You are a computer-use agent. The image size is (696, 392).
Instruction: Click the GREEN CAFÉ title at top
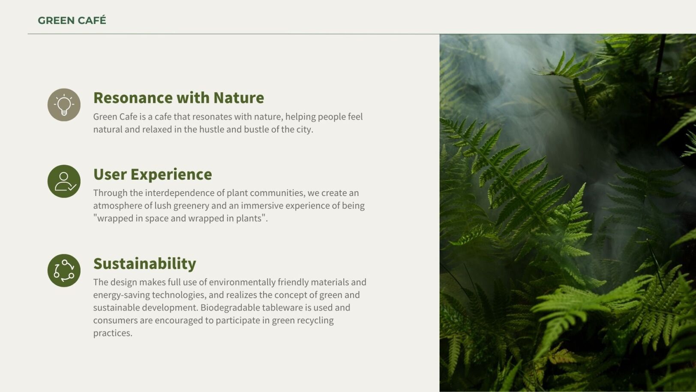coord(72,20)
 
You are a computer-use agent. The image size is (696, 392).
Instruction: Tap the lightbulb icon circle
coord(64,105)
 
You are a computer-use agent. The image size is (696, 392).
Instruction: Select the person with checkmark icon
coord(64,181)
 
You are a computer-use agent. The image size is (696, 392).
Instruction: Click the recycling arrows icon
coord(64,271)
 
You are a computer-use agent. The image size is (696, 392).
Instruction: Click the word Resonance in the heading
coord(133,98)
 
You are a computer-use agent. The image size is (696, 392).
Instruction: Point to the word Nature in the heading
coord(239,98)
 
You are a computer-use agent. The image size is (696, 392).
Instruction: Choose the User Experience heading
coord(153,174)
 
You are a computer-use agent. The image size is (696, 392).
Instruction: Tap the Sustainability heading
coord(145,264)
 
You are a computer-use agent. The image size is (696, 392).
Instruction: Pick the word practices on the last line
coord(112,333)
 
